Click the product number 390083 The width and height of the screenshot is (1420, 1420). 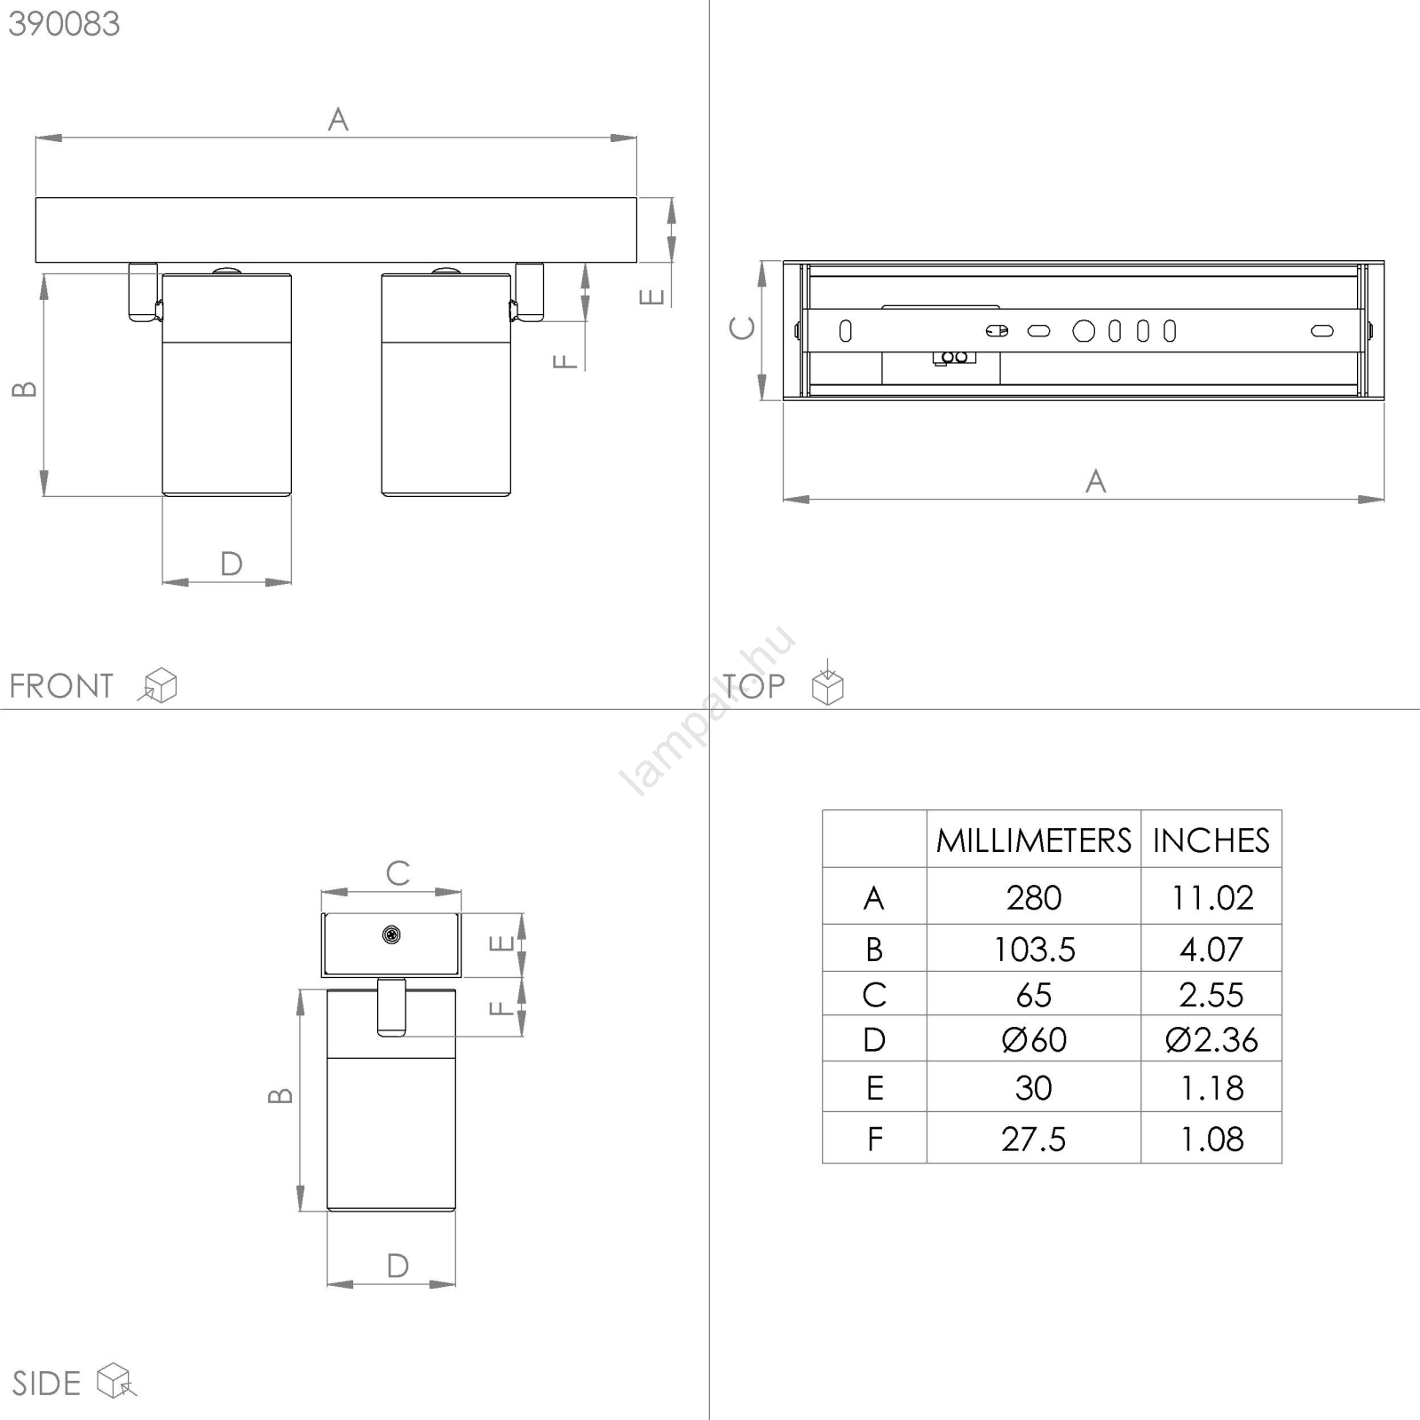tap(64, 24)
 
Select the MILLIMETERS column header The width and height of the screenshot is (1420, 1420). tap(1034, 840)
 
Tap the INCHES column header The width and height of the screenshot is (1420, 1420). tap(1211, 840)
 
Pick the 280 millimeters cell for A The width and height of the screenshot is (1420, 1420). tap(1034, 898)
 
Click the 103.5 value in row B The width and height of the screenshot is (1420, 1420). tap(1034, 950)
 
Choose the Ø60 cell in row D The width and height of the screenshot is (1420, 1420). tap(1034, 1040)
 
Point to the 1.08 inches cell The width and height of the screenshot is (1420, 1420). tap(1211, 1140)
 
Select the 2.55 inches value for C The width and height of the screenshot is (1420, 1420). tap(1211, 995)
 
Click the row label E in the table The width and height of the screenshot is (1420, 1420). tap(874, 1088)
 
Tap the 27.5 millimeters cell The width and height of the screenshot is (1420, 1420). tap(1034, 1140)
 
